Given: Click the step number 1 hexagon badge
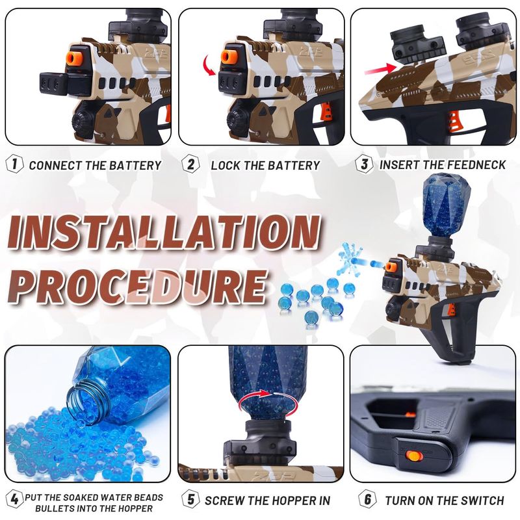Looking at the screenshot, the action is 14,164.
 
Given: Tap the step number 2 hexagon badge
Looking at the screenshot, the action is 190,164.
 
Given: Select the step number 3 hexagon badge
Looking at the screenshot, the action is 364,164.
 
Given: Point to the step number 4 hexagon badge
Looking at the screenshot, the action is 14,499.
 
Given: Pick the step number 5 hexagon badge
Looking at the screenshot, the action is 190,499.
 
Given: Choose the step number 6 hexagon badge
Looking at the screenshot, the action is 367,499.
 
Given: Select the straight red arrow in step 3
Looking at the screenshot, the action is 380,70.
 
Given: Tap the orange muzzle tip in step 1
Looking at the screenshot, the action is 75,57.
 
